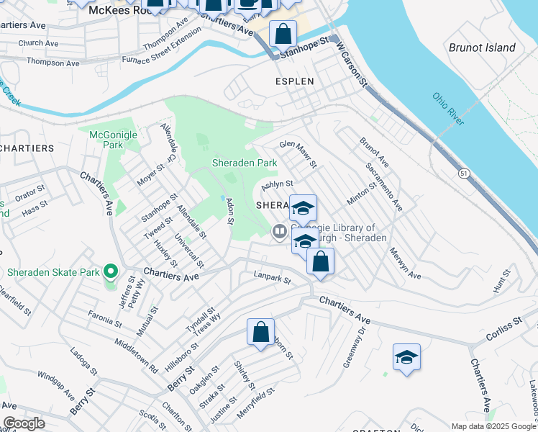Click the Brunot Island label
point(482,48)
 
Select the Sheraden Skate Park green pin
point(110,272)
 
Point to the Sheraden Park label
point(245,163)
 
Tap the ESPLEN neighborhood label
point(295,81)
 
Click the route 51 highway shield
point(465,174)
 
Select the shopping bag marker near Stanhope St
point(283,33)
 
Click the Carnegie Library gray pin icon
point(279,231)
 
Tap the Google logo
point(24,423)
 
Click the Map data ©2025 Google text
point(494,426)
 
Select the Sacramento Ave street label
point(383,186)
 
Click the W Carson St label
point(352,65)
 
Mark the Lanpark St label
point(272,276)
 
